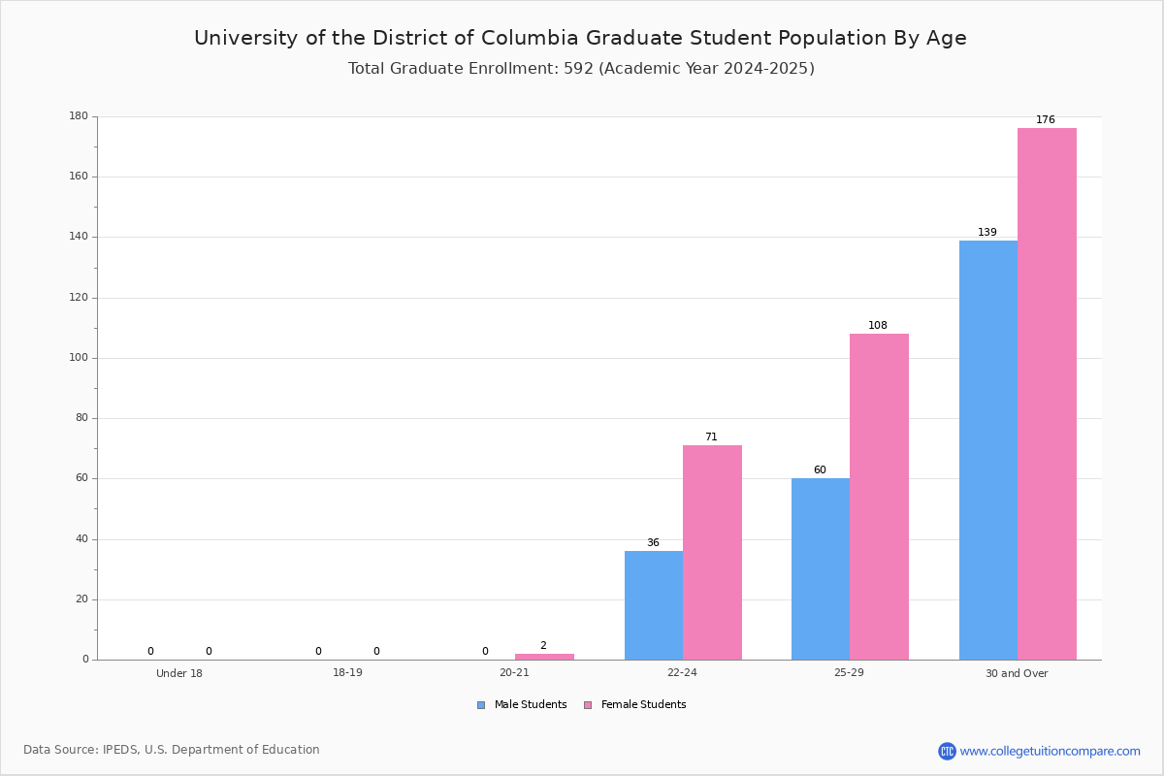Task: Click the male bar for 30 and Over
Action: [987, 450]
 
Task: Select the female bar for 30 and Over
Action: [1047, 394]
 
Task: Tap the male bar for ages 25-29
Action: [821, 569]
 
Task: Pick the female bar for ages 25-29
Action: [879, 497]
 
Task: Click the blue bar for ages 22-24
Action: [653, 605]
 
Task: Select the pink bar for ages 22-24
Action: [712, 553]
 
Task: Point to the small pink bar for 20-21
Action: [544, 657]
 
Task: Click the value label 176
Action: [1045, 120]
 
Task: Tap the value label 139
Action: [986, 233]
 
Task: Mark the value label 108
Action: [878, 326]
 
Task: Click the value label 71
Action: [711, 437]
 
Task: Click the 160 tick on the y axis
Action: [79, 177]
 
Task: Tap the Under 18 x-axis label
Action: [179, 673]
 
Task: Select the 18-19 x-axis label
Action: [347, 673]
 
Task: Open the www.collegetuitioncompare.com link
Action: [1050, 751]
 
